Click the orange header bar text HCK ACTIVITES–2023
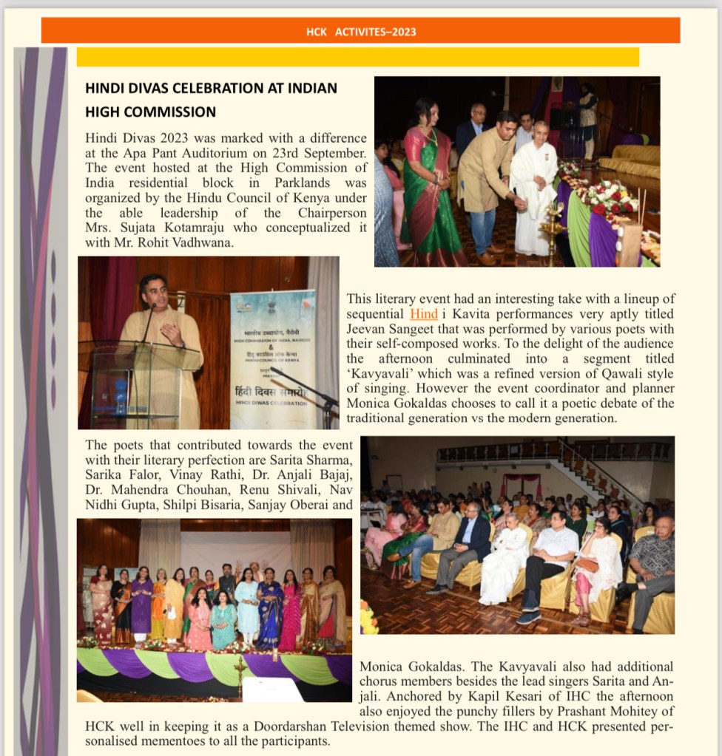361,32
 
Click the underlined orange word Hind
424,313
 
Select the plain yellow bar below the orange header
357,57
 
